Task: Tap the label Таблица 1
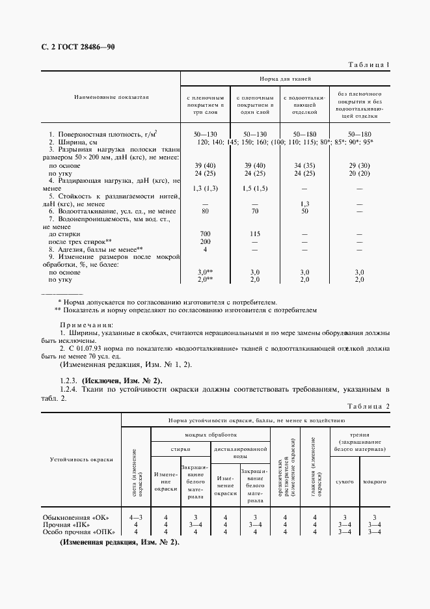click(369, 65)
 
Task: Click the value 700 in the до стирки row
click(206, 232)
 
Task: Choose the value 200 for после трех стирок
click(206, 241)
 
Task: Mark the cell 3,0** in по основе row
click(206, 271)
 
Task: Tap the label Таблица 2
click(367, 407)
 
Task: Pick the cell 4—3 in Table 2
click(135, 517)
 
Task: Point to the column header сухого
click(344, 481)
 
